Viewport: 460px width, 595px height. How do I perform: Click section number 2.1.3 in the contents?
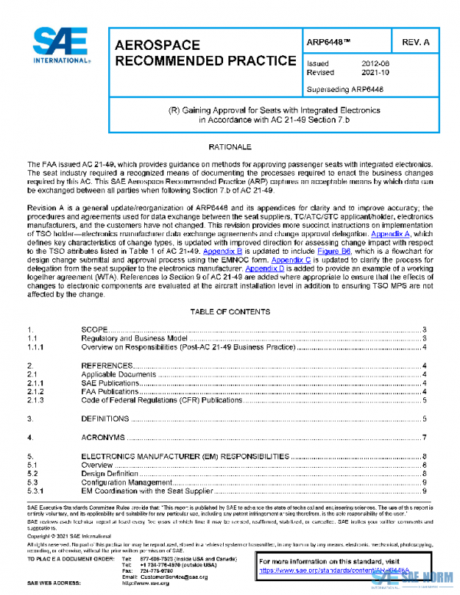[x=36, y=400]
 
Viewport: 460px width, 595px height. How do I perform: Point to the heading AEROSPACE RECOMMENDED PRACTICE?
[x=205, y=53]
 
